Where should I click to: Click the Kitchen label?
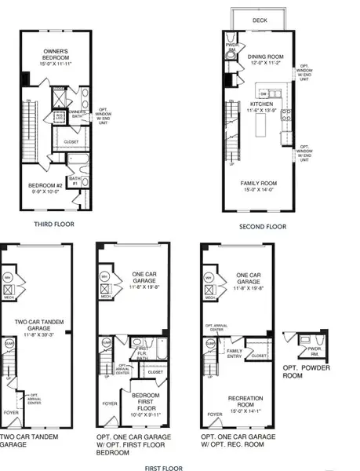pos(261,103)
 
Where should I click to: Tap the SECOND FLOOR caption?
pos(264,227)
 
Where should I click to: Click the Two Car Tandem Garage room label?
pos(40,326)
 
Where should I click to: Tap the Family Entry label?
pos(233,354)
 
